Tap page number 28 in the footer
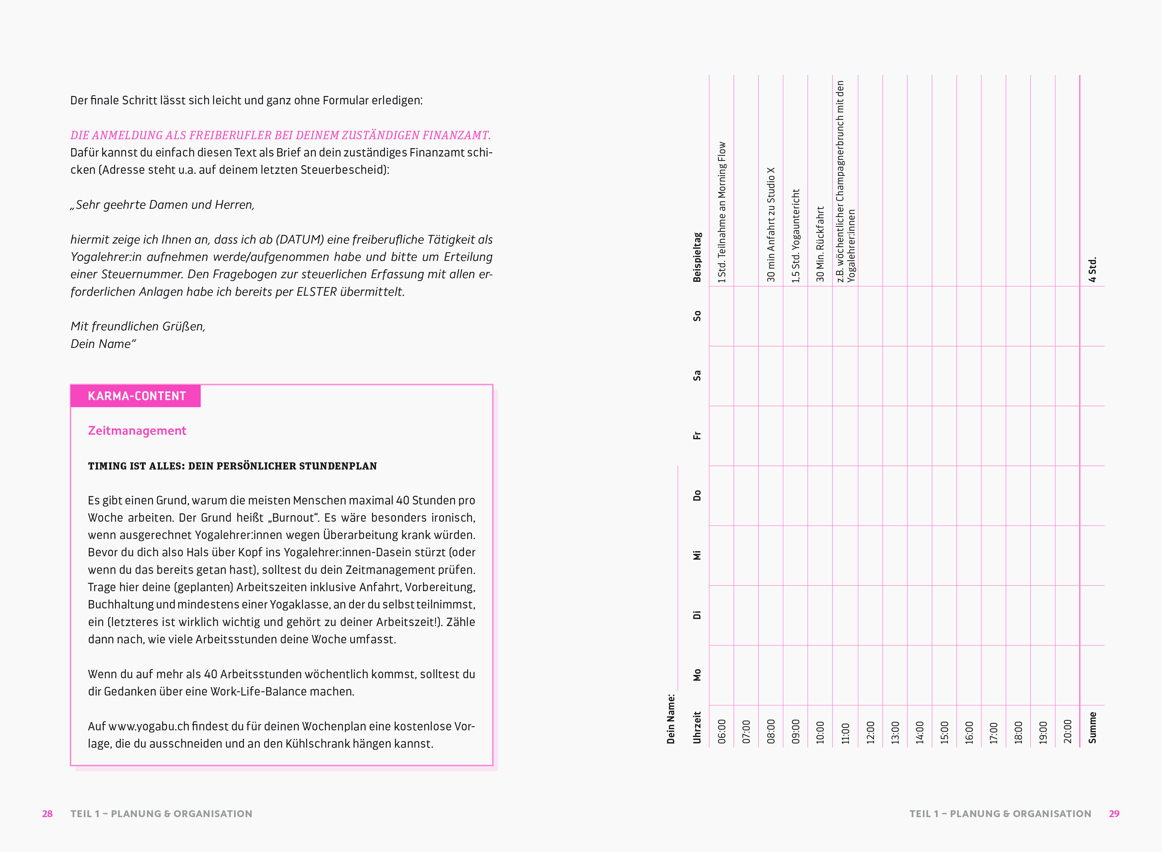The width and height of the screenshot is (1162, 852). (x=47, y=813)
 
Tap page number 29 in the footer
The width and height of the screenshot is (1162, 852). (x=1114, y=813)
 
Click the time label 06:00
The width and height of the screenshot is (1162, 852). (x=722, y=731)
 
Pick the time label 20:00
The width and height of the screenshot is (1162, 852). (x=1067, y=731)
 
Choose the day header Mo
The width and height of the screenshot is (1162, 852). (x=697, y=675)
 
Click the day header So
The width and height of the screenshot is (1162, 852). (x=697, y=316)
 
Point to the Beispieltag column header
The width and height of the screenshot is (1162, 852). (x=697, y=257)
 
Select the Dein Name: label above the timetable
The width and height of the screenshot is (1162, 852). (x=671, y=718)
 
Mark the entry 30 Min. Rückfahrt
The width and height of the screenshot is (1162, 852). (x=820, y=244)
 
